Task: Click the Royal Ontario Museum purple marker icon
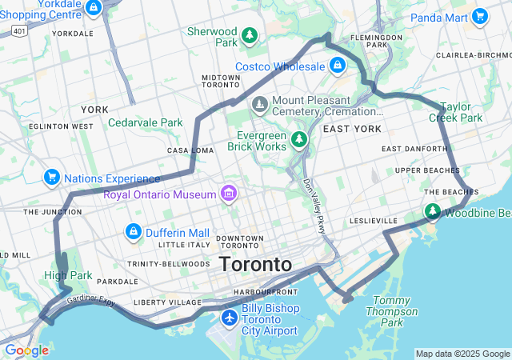[229, 194]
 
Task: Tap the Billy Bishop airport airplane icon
[230, 318]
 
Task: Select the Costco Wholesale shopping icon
[338, 65]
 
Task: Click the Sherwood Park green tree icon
[250, 35]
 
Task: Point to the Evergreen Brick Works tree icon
[299, 140]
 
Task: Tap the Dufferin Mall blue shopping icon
[133, 232]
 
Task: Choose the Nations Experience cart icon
[52, 177]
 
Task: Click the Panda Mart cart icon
[479, 15]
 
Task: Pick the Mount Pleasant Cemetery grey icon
[260, 104]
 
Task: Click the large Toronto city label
[255, 264]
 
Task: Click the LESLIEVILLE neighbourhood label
[374, 220]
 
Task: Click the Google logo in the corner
[26, 350]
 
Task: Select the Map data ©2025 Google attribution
[462, 354]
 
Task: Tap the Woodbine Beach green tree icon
[433, 212]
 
